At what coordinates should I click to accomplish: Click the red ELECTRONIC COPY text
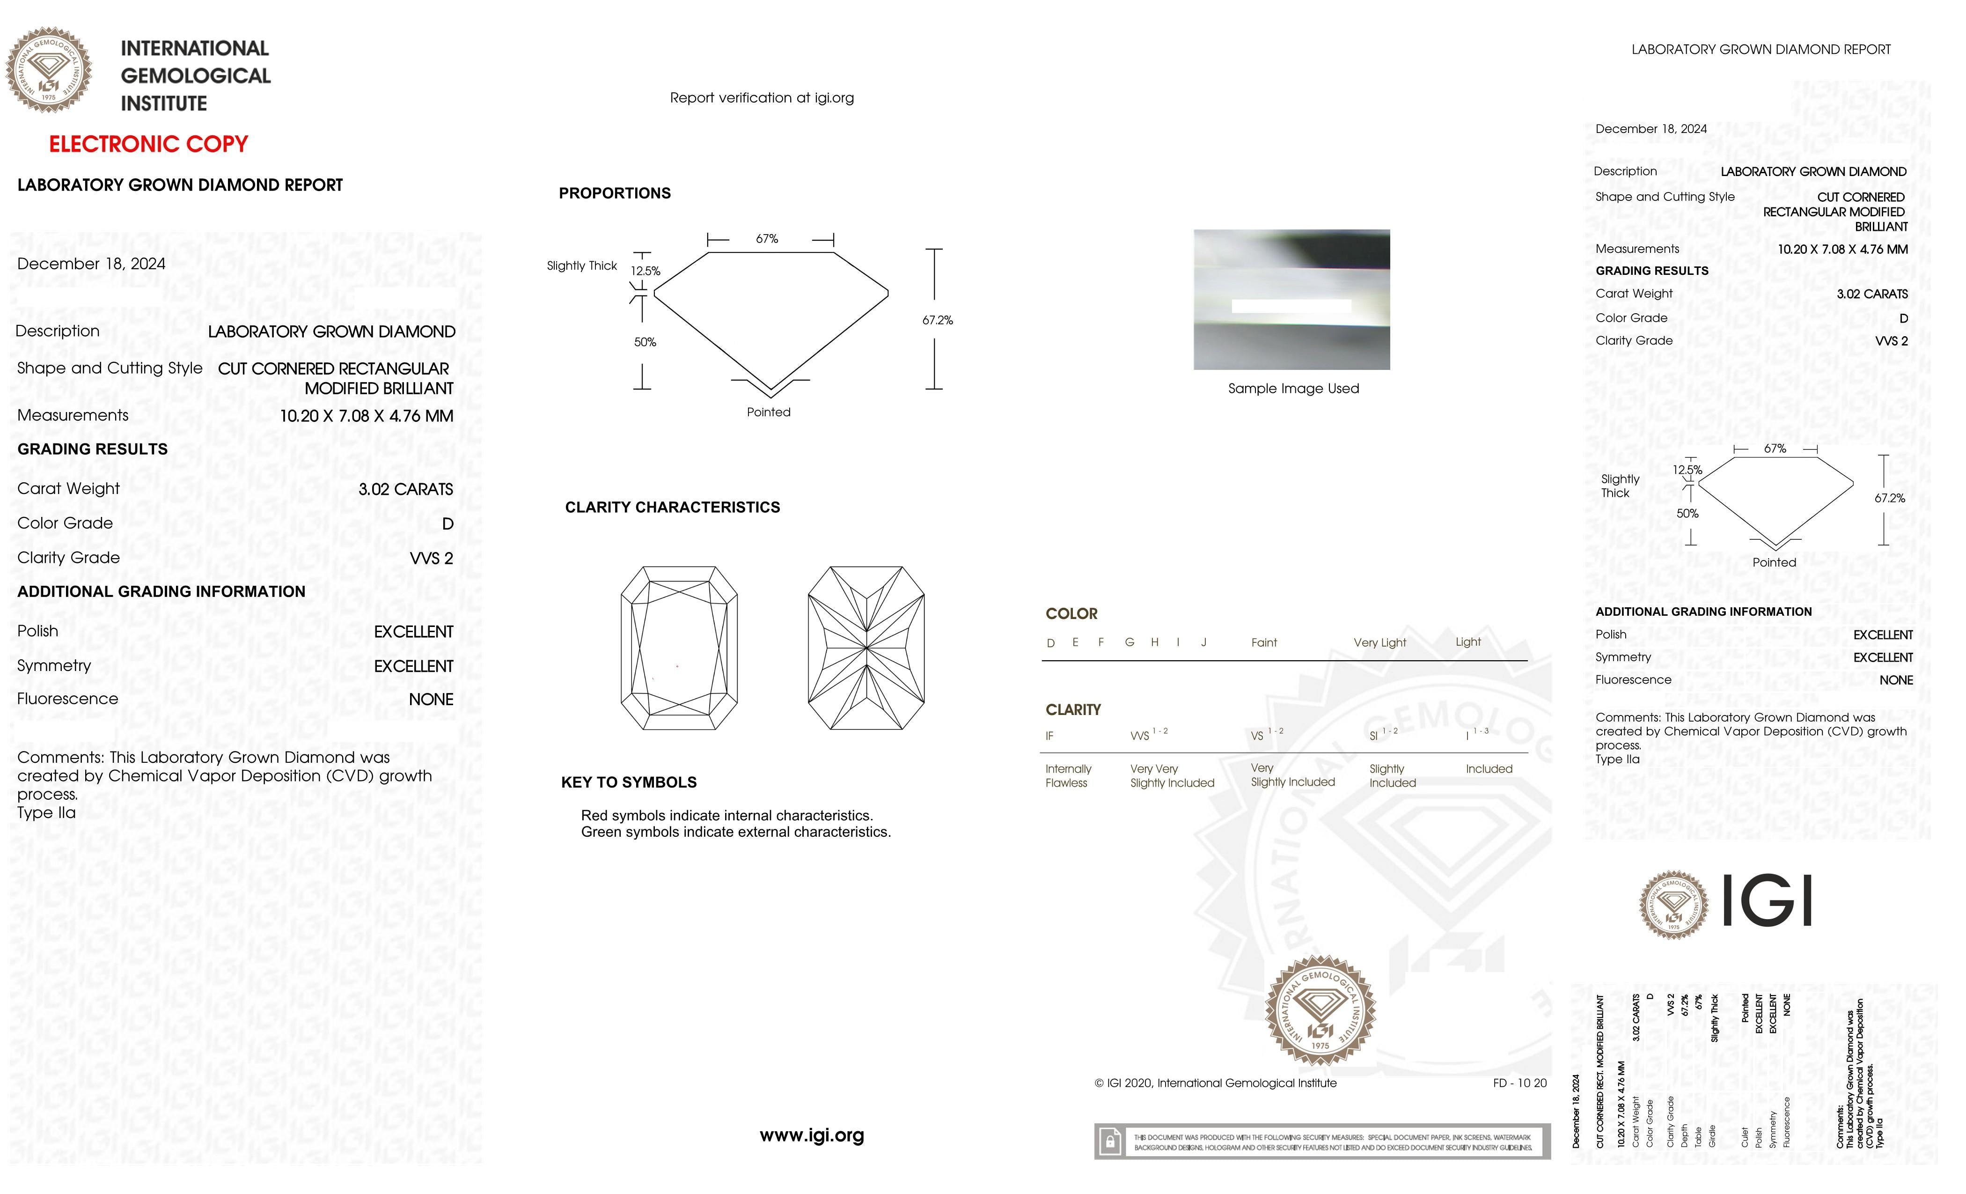point(148,145)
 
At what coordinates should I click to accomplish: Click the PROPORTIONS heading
point(614,193)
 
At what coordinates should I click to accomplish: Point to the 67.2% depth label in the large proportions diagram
point(938,320)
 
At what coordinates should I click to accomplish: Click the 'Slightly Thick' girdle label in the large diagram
point(582,266)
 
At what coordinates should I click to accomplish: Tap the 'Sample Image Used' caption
point(1292,389)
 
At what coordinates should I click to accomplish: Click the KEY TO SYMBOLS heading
point(629,782)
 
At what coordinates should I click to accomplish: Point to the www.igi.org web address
point(812,1135)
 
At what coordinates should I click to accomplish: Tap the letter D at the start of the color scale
point(1051,643)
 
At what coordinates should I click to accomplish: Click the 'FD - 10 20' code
point(1519,1083)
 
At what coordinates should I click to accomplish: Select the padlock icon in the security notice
point(1109,1142)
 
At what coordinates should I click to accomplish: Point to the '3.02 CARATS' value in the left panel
point(405,489)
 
